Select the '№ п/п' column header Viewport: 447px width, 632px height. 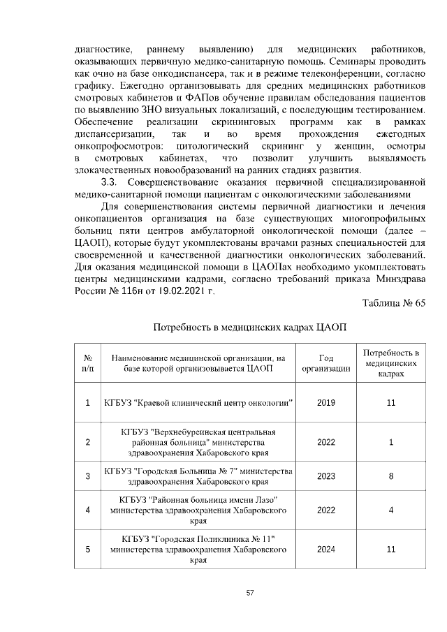tap(87, 363)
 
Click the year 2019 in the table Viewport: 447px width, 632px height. tap(325, 403)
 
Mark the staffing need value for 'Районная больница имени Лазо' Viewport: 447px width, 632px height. tap(391, 510)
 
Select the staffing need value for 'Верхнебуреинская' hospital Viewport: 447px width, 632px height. tap(391, 441)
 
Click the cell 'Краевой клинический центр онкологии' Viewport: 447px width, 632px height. tap(198, 403)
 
